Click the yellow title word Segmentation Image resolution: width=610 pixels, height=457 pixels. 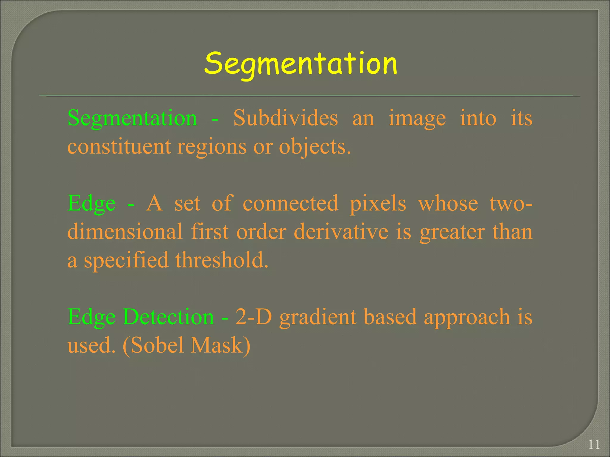[301, 63]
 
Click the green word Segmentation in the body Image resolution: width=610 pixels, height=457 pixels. [132, 118]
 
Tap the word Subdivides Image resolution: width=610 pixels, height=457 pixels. [285, 118]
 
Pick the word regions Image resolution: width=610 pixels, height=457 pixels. [212, 147]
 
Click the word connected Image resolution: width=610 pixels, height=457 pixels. [290, 203]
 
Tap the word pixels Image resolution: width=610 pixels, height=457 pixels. [378, 204]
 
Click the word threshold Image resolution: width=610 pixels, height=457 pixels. [222, 260]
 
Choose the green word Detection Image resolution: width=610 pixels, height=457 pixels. [168, 317]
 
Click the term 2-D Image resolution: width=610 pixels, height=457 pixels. [253, 317]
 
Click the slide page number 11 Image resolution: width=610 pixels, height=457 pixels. [594, 445]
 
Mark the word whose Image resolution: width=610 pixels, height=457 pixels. [448, 203]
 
